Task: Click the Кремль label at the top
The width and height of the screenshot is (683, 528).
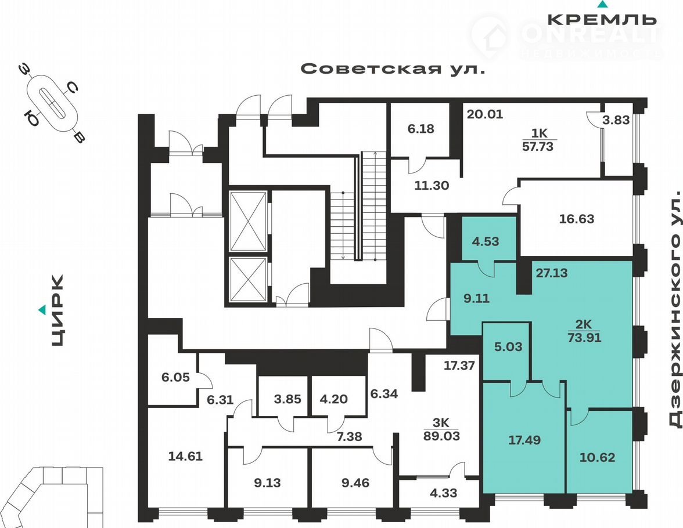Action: (602, 19)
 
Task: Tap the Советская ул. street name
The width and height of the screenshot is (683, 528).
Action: (393, 69)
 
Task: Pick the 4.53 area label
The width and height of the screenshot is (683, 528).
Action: (486, 241)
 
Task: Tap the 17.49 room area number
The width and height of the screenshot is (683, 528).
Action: (524, 440)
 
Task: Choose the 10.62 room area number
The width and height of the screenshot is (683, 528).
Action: (597, 457)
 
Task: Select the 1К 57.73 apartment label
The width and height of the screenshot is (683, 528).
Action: (538, 140)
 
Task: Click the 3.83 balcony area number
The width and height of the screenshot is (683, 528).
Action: (616, 120)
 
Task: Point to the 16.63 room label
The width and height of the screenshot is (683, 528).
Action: (576, 219)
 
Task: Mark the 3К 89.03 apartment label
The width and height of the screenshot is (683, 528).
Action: (441, 429)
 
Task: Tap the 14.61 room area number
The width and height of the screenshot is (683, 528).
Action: (186, 456)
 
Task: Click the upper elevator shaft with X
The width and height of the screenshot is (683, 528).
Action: (248, 222)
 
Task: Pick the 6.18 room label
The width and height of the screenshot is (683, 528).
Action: (420, 129)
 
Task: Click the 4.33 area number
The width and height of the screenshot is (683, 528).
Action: (444, 493)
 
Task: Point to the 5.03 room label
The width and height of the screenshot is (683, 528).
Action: (508, 347)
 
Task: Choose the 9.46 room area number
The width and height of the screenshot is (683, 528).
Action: (355, 483)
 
